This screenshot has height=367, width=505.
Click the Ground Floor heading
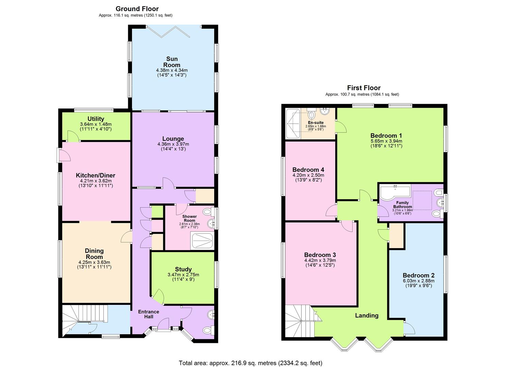(x=137, y=9)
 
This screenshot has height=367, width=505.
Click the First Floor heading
(x=364, y=88)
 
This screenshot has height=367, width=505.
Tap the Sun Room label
(x=172, y=62)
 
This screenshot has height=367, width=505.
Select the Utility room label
(x=96, y=119)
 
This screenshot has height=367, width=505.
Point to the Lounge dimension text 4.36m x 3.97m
(x=173, y=144)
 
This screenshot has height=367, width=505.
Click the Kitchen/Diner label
(x=96, y=175)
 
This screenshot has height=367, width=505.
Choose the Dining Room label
(x=94, y=254)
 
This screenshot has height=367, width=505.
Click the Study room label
(x=183, y=269)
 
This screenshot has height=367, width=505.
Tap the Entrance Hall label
(x=149, y=314)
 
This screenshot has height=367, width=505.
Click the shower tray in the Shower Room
(x=203, y=241)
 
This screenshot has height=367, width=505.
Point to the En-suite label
(x=316, y=122)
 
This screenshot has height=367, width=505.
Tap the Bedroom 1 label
(x=386, y=136)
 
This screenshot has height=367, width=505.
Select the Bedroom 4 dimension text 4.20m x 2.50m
(x=308, y=175)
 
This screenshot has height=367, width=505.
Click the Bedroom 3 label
(x=320, y=255)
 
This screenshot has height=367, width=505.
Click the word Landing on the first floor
(x=367, y=315)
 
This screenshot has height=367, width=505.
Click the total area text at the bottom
(x=250, y=363)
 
